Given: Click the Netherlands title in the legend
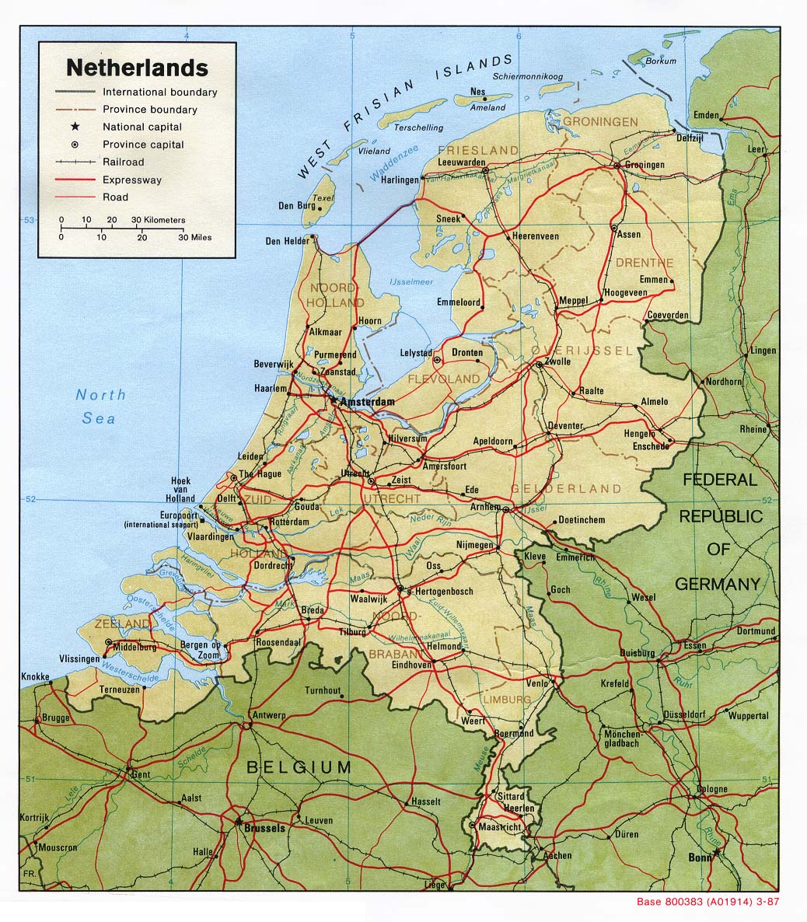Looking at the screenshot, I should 137,68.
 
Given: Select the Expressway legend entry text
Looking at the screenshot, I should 132,180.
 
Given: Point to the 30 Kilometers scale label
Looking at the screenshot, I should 159,220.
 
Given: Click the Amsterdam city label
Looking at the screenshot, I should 367,402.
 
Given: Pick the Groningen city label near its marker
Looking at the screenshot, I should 645,165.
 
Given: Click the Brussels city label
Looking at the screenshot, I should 264,829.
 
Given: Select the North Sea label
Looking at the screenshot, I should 100,407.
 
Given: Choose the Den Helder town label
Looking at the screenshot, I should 287,241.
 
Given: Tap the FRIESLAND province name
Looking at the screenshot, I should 478,149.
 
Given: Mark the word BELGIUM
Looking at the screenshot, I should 299,767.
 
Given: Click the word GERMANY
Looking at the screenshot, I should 717,584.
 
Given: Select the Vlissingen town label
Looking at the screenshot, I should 79,658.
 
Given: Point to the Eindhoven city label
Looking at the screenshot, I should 411,665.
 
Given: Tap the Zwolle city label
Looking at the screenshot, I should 558,361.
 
